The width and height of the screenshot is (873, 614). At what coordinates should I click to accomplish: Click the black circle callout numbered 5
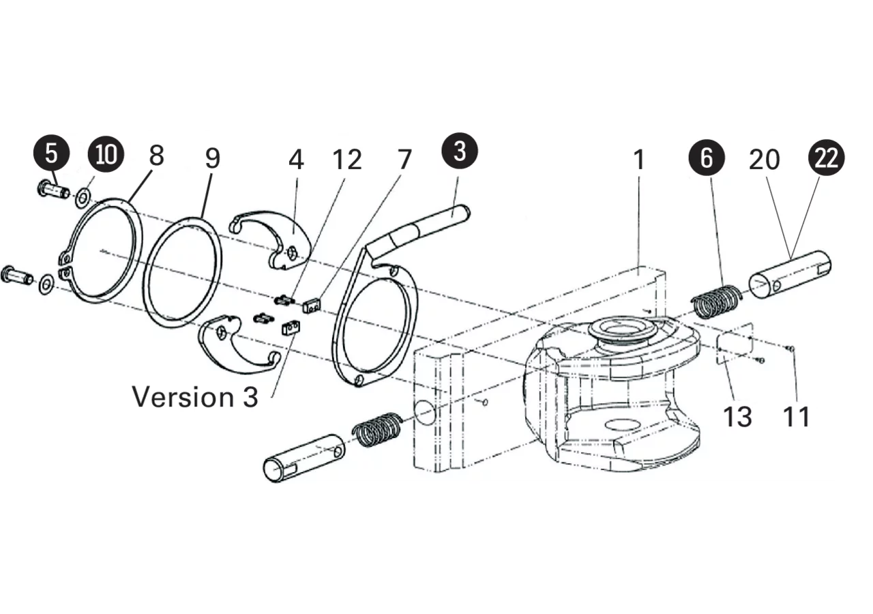point(51,153)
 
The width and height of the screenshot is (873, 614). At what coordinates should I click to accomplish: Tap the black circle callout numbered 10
point(106,154)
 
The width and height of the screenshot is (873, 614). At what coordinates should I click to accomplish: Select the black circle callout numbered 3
point(460,151)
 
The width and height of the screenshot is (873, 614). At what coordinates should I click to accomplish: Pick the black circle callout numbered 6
point(707,158)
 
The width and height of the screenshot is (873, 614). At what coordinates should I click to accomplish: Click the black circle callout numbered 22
point(826,158)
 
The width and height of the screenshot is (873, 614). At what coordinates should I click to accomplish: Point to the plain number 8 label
point(157,156)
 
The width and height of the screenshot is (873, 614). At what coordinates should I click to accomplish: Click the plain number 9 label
point(213,158)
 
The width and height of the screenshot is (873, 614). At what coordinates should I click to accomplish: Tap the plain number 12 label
point(347,160)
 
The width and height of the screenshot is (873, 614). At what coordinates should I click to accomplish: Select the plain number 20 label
point(765,160)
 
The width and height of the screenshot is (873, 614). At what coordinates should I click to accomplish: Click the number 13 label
point(737,417)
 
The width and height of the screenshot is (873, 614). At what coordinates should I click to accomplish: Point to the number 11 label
point(797,417)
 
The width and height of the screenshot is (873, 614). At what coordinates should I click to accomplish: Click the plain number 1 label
point(639,160)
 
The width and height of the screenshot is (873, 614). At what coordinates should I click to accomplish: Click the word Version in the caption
point(182,397)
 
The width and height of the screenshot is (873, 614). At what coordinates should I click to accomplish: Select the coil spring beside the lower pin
point(377,429)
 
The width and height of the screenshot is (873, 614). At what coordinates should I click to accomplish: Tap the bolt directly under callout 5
point(54,191)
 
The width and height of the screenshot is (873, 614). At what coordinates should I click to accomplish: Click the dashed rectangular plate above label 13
point(735,344)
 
